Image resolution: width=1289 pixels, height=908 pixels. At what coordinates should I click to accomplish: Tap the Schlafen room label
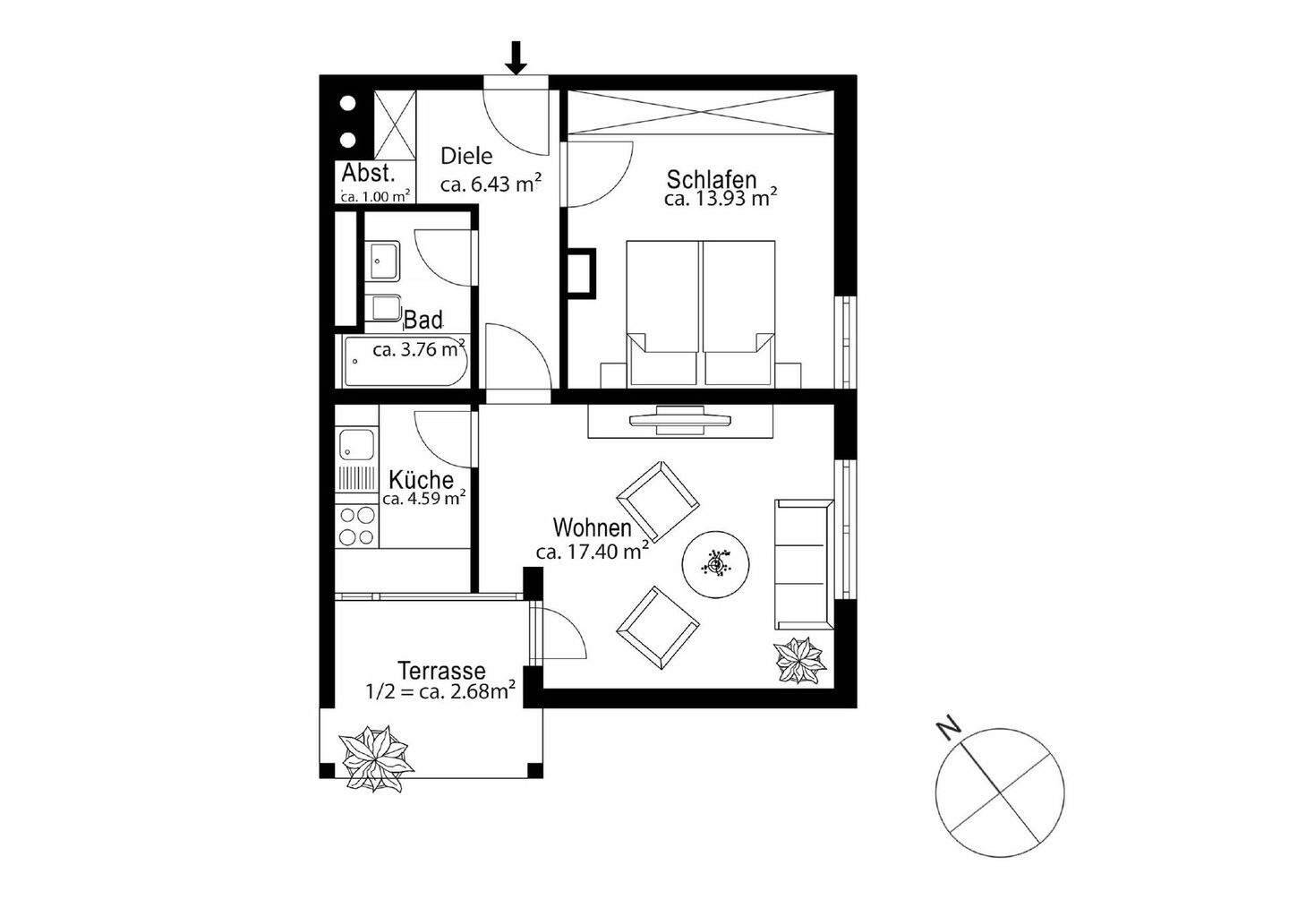pyautogui.click(x=712, y=180)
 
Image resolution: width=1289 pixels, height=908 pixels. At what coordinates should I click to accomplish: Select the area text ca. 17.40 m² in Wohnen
pyautogui.click(x=592, y=553)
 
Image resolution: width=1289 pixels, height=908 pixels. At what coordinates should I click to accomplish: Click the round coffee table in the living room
pyautogui.click(x=716, y=565)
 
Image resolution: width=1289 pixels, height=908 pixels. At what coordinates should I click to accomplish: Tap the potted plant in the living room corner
pyautogui.click(x=799, y=661)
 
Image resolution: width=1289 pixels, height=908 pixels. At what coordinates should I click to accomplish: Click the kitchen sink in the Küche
pyautogui.click(x=356, y=446)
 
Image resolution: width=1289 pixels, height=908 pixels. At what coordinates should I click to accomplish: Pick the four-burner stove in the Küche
pyautogui.click(x=356, y=526)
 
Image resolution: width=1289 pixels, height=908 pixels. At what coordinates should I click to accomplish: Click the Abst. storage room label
pyautogui.click(x=368, y=175)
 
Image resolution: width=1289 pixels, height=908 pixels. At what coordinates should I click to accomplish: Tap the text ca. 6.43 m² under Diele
pyautogui.click(x=490, y=185)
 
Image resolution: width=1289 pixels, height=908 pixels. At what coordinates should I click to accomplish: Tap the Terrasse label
pyautogui.click(x=441, y=671)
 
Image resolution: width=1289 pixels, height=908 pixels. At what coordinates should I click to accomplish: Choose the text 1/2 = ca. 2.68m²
pyautogui.click(x=440, y=690)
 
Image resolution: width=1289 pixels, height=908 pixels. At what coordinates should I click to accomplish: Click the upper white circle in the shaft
pyautogui.click(x=348, y=102)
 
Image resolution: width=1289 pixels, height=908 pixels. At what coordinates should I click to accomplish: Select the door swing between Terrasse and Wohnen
pyautogui.click(x=559, y=634)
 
